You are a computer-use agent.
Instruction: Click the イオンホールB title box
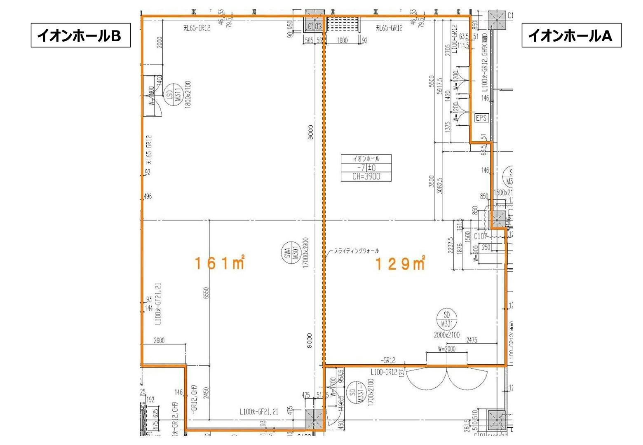click(80, 36)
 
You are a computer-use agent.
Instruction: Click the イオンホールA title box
click(571, 36)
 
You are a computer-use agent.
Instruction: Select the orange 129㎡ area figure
click(399, 263)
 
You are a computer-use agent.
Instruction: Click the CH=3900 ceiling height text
click(366, 177)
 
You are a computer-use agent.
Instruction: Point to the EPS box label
click(481, 118)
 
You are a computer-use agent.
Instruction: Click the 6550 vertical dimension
click(207, 294)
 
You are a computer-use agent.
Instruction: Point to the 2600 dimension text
click(159, 340)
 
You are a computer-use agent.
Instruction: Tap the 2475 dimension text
click(472, 340)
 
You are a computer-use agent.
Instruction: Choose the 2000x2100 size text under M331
click(446, 335)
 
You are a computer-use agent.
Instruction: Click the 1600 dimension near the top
click(342, 40)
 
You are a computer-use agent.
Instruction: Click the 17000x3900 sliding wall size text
click(305, 257)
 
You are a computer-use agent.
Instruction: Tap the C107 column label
click(481, 236)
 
